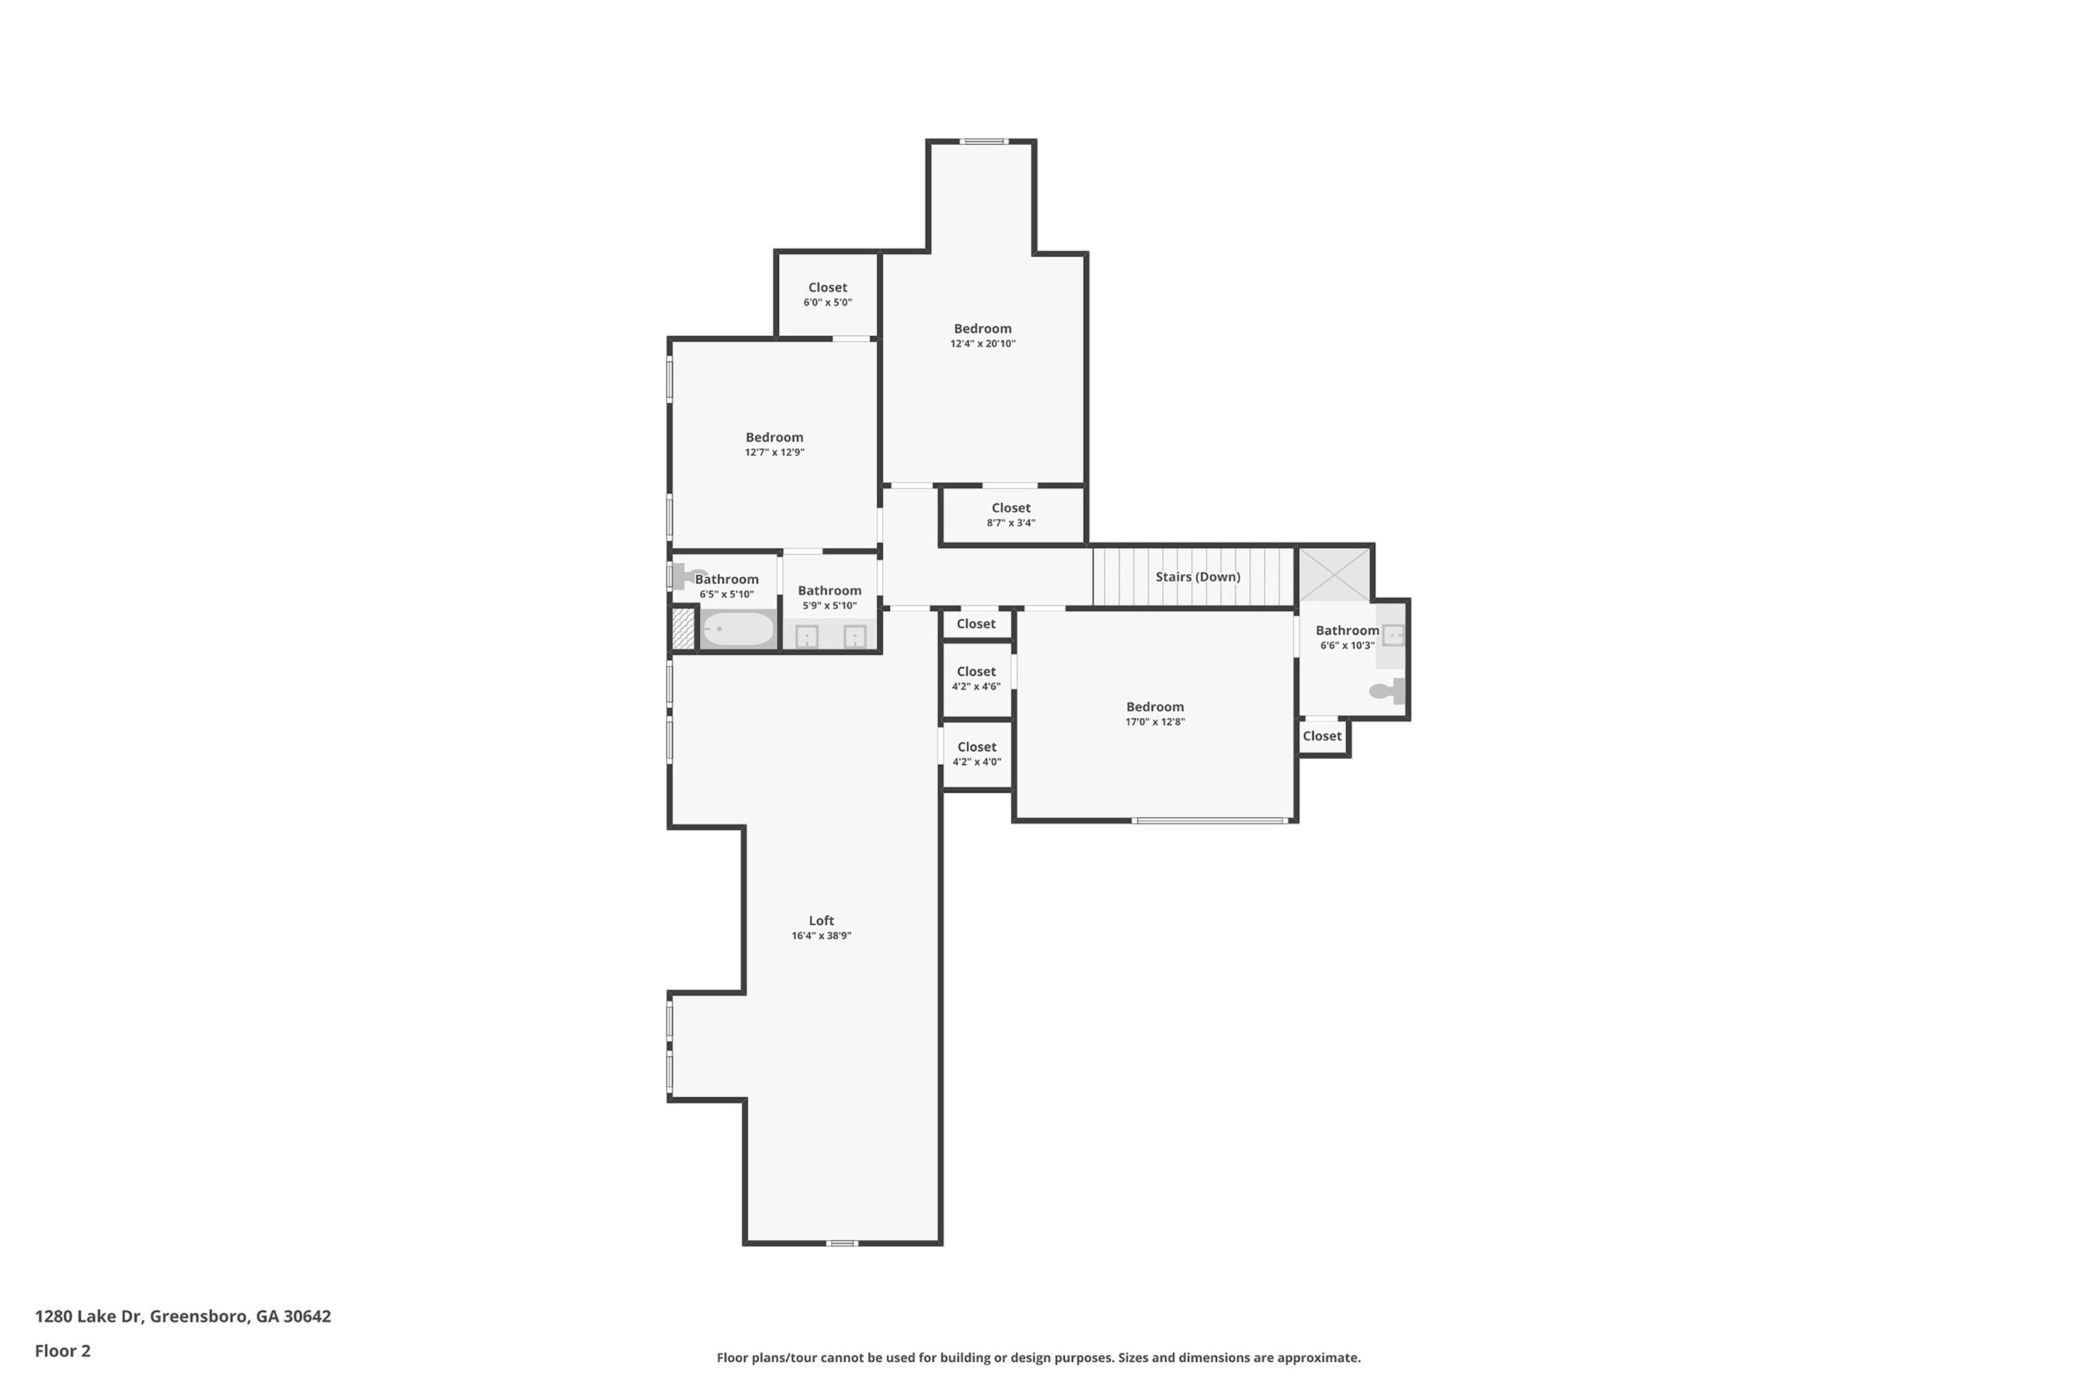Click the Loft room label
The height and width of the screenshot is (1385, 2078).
(820, 920)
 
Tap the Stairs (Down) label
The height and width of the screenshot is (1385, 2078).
(1197, 577)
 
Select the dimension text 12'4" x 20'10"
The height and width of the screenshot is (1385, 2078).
(982, 344)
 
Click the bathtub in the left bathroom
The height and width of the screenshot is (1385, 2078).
(738, 629)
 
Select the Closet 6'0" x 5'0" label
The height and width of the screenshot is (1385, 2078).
(827, 288)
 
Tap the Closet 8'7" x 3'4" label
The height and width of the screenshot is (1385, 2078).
(1011, 508)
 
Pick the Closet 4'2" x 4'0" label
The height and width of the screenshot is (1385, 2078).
(976, 747)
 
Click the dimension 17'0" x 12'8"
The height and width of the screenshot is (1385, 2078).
(1155, 721)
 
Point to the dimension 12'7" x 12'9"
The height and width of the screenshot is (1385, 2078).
(774, 452)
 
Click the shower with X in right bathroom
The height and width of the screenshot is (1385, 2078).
(1334, 575)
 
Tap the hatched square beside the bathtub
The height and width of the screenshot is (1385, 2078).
(683, 629)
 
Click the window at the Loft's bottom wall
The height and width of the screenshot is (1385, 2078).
(841, 1243)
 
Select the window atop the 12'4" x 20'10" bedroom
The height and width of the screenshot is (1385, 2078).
(984, 140)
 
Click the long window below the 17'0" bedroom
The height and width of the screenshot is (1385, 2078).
(1210, 820)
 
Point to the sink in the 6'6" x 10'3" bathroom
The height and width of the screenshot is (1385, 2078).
(1392, 635)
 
